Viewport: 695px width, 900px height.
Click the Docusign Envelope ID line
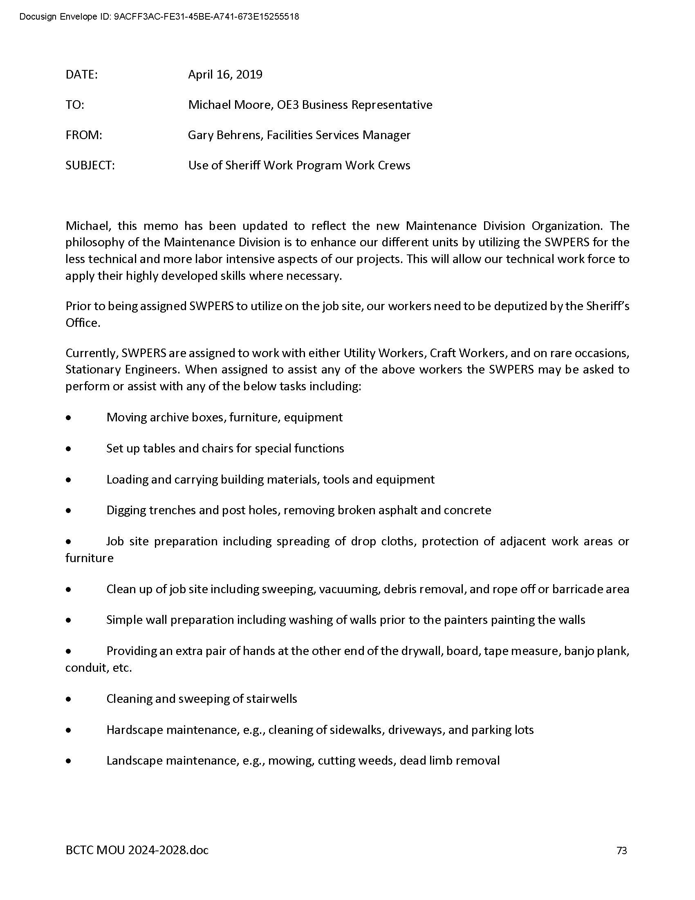(159, 17)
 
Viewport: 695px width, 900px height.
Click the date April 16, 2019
(225, 74)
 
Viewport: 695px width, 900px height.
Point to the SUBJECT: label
(90, 165)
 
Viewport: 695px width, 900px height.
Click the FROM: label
(83, 135)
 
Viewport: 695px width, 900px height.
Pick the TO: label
(74, 105)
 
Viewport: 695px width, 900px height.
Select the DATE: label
(81, 74)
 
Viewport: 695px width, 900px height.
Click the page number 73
(621, 850)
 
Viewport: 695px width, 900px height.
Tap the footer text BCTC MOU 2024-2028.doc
(137, 850)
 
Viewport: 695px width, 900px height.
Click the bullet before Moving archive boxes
(68, 418)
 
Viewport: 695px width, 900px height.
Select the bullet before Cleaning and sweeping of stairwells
(68, 699)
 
